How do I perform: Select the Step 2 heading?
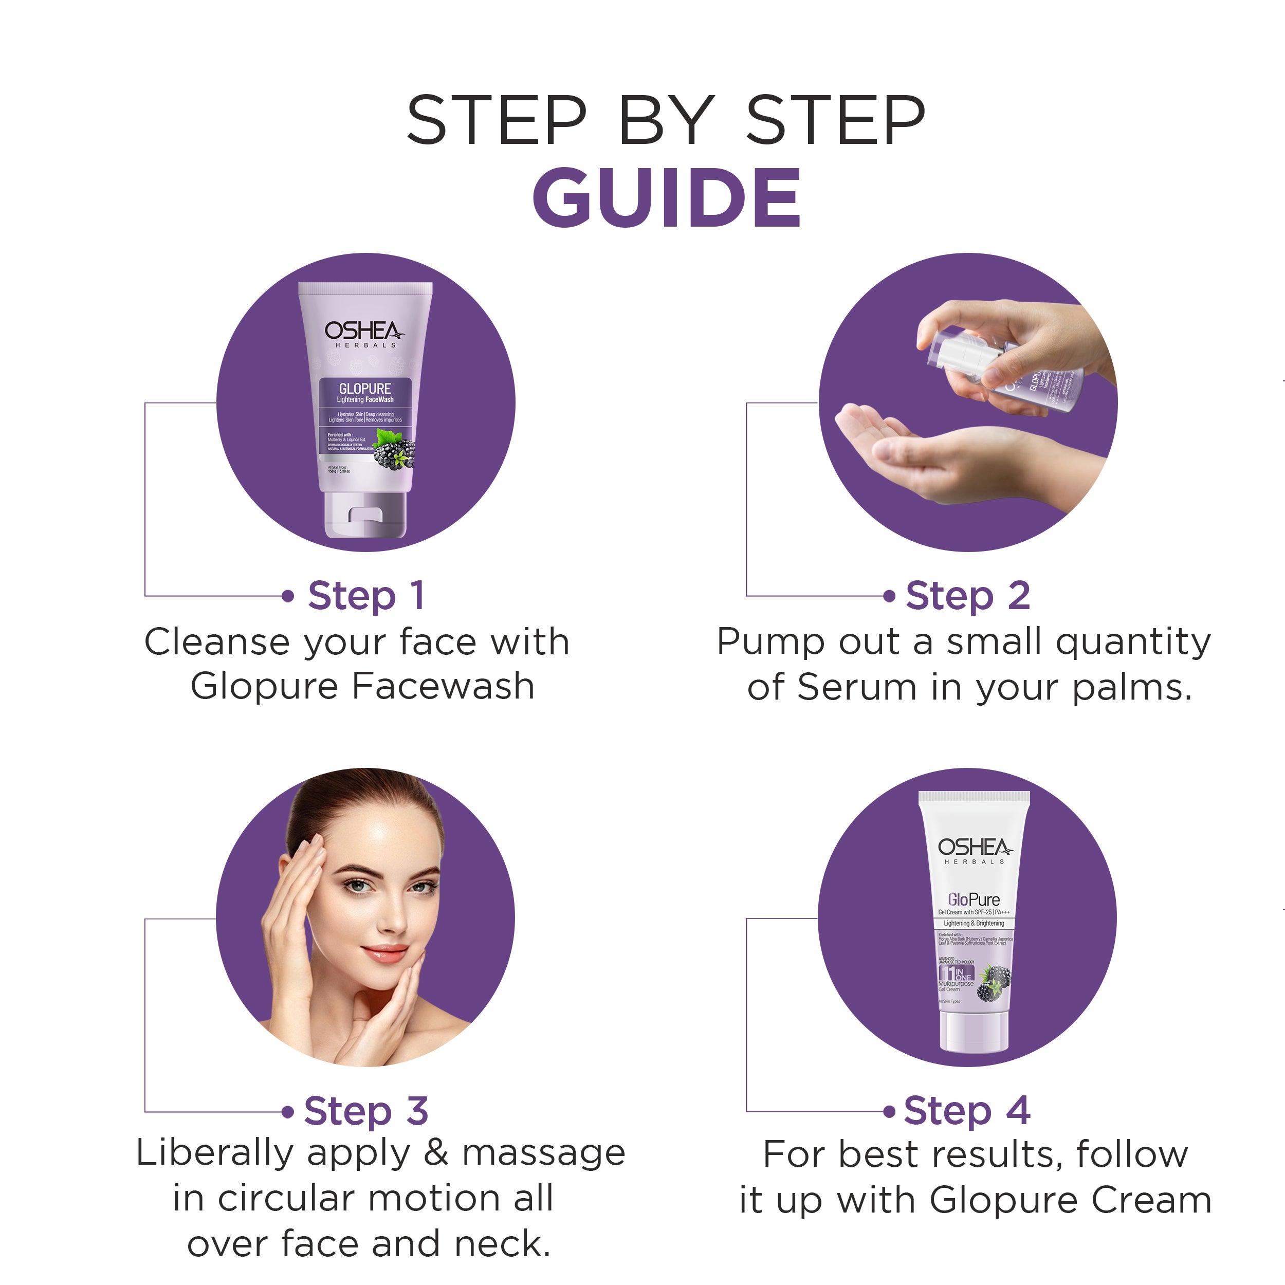click(968, 595)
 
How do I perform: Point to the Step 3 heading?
click(366, 1111)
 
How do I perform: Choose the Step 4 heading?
click(968, 1111)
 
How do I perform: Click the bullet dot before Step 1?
click(287, 596)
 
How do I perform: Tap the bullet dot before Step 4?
click(889, 1111)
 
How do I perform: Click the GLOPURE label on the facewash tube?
click(365, 389)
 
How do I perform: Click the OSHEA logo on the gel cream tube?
click(975, 848)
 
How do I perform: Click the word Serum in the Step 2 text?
click(856, 687)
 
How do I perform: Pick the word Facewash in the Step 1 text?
click(443, 686)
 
